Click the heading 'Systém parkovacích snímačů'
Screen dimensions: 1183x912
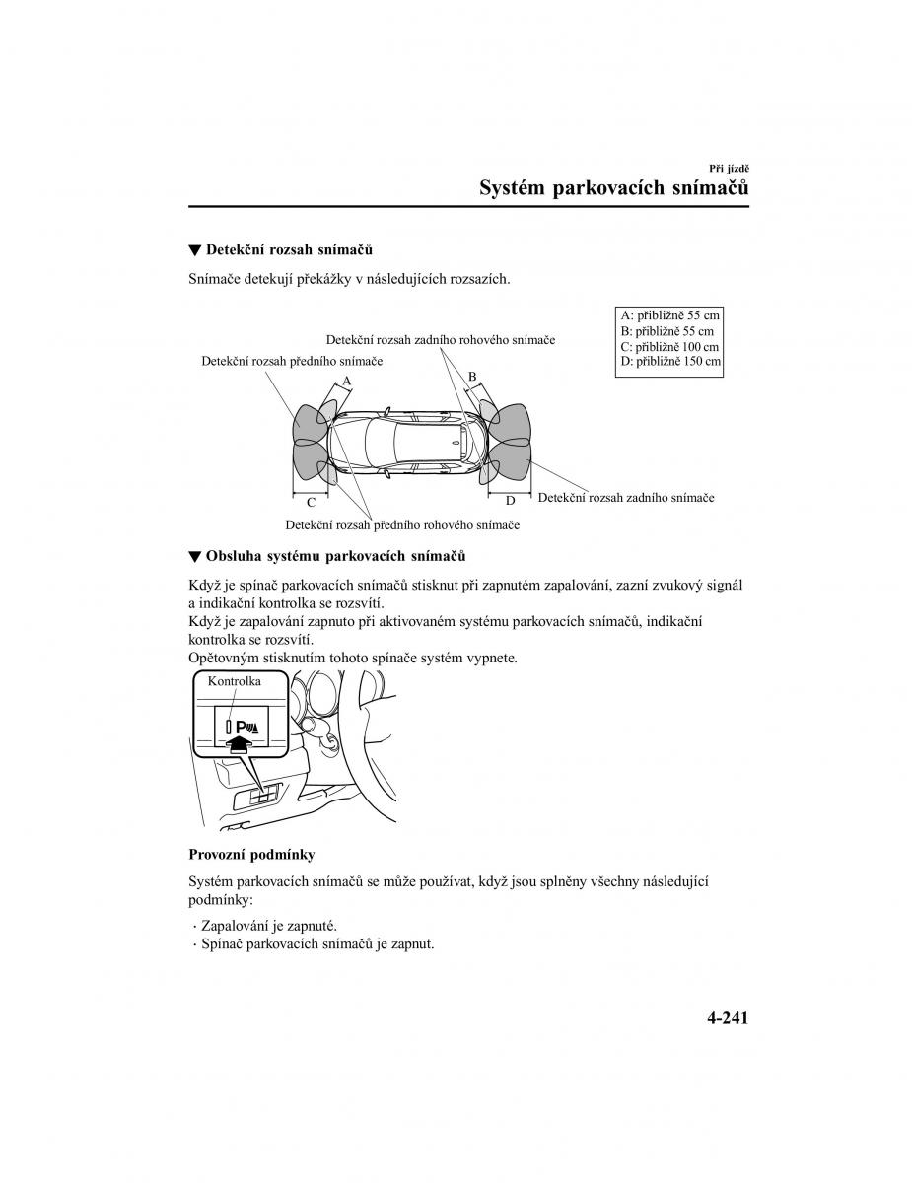tap(613, 187)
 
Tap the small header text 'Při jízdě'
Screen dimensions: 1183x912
tap(730, 169)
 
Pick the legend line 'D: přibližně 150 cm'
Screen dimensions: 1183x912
tap(670, 362)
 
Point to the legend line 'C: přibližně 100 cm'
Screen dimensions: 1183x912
tap(669, 347)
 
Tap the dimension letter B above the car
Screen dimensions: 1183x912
tap(472, 377)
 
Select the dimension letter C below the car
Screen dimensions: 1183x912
tap(310, 502)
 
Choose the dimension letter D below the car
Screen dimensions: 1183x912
tap(511, 501)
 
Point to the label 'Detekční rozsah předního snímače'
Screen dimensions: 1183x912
tap(292, 362)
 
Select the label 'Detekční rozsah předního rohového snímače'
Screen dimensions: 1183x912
tap(402, 525)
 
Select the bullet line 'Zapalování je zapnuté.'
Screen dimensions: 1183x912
tap(268, 926)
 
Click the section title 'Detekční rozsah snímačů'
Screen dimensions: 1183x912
tap(289, 250)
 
